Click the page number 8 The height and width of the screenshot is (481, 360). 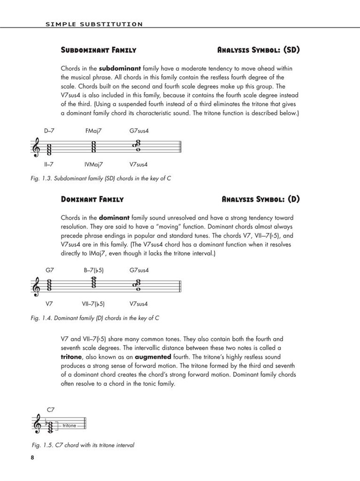coord(32,458)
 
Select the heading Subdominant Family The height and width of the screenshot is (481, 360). coord(99,50)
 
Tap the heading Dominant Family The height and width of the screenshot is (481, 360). coord(92,199)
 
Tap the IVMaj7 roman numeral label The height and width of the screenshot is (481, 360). coord(93,164)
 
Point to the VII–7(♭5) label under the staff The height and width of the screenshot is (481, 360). coord(93,304)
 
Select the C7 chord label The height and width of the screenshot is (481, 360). coord(51,410)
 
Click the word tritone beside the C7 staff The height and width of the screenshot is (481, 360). coord(69,426)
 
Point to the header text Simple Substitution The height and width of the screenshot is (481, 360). coord(94,23)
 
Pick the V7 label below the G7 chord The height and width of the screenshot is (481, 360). coord(49,304)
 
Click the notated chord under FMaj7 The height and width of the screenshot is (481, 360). coord(93,147)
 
